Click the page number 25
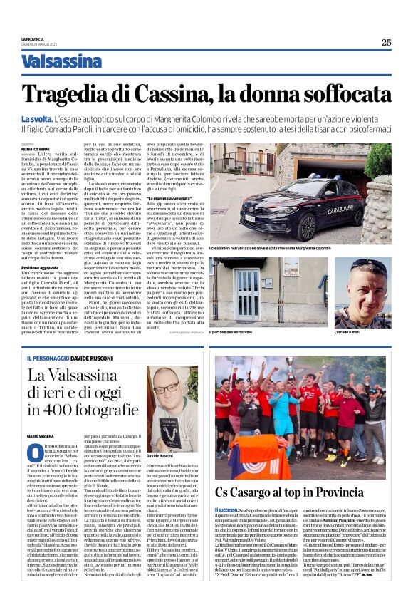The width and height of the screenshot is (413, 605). tap(386, 42)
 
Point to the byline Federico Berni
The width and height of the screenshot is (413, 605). tap(35, 148)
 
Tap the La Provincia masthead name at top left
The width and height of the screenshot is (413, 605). tap(32, 38)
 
